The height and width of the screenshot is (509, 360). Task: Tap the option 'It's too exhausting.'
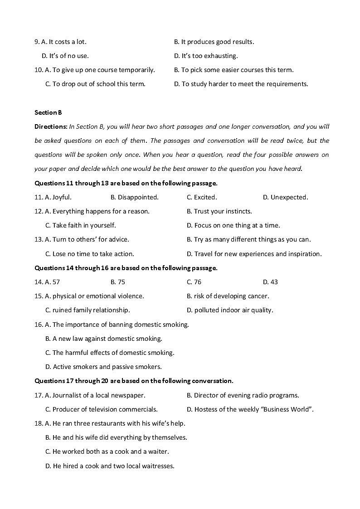pos(209,56)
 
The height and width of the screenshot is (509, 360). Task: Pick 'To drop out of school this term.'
pos(99,84)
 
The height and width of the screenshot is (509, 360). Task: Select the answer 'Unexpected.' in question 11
pos(289,197)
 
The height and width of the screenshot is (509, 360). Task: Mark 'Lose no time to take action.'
pos(93,254)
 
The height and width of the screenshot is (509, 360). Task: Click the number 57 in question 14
pos(56,282)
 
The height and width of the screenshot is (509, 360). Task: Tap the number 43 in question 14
pos(274,282)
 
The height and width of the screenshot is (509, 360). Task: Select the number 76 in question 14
pos(198,282)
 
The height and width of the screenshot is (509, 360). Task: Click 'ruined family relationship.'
pos(91,310)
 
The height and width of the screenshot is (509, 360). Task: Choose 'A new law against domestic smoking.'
pos(107,339)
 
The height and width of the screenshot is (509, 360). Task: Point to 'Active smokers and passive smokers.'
pos(107,367)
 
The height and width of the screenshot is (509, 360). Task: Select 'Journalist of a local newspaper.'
pos(99,395)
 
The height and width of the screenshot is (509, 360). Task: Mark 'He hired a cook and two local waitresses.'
pos(113,465)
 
